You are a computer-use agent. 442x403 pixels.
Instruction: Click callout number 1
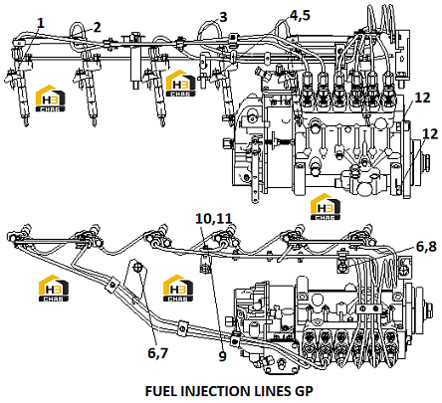point(41,23)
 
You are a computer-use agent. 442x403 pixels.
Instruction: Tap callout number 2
point(97,27)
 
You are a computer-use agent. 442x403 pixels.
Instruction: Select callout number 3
point(223,17)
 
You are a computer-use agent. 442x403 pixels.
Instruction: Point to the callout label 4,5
point(300,15)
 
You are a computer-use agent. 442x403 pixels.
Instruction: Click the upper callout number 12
point(422,98)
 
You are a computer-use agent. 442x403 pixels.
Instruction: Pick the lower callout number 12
point(430,133)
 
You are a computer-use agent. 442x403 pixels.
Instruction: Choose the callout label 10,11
point(213,219)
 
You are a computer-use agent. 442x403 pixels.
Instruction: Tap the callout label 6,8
point(426,247)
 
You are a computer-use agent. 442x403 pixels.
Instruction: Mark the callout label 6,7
point(158,353)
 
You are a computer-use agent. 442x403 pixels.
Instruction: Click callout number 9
point(222,356)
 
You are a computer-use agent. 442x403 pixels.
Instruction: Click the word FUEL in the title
point(161,391)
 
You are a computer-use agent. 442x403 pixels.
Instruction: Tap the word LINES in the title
point(273,391)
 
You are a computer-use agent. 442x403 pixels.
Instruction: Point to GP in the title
point(304,391)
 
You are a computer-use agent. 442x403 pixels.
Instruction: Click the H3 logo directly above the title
point(326,207)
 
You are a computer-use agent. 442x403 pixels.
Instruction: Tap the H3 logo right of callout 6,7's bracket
point(178,288)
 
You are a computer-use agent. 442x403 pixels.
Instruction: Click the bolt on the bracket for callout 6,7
point(138,266)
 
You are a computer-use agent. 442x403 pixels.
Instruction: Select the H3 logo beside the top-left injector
point(50,99)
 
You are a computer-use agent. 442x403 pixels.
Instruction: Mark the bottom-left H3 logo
point(54,288)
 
